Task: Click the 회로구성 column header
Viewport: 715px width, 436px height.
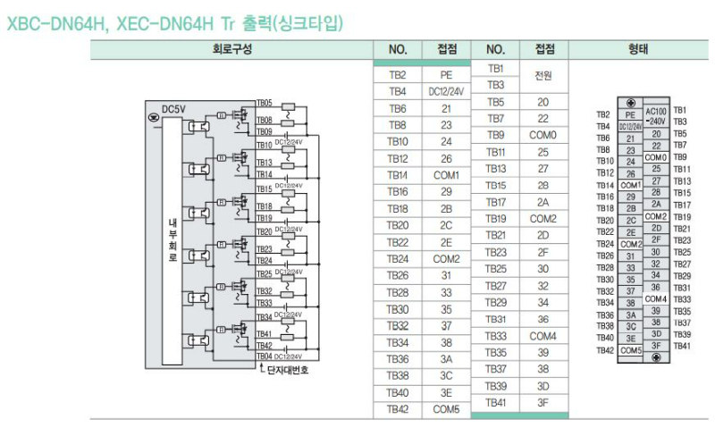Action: click(x=231, y=49)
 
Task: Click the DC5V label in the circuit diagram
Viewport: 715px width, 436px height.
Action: click(x=173, y=110)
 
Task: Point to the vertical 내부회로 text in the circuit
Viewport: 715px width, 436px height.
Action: click(x=173, y=237)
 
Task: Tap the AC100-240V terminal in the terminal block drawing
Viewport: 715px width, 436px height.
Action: click(x=656, y=115)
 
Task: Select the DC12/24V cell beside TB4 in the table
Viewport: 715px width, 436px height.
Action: click(x=446, y=92)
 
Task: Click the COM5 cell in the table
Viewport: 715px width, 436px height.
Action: click(x=446, y=409)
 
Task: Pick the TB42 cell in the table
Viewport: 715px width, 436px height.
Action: click(x=398, y=409)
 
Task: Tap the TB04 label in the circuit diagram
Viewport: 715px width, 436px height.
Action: click(x=265, y=356)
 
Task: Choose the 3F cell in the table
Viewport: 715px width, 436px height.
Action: click(x=543, y=403)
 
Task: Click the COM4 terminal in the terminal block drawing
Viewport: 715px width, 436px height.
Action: click(x=656, y=298)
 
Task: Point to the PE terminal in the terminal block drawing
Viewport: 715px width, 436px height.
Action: click(x=630, y=115)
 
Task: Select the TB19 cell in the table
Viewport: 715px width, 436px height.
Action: click(x=496, y=219)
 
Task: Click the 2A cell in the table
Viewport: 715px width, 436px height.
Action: click(x=543, y=202)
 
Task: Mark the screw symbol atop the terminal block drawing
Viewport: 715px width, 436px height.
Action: click(x=632, y=104)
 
